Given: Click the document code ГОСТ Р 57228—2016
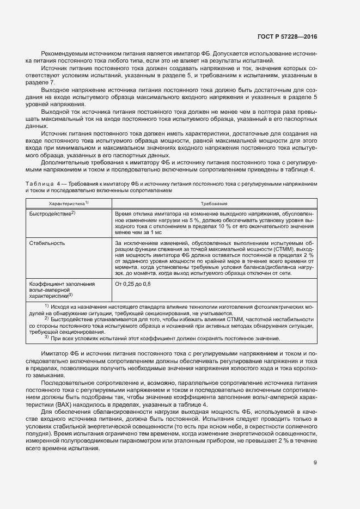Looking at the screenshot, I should pyautogui.click(x=287, y=36).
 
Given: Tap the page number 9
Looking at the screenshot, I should pyautogui.click(x=315, y=463).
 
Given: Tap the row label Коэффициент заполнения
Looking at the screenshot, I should pyautogui.click(x=62, y=284).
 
